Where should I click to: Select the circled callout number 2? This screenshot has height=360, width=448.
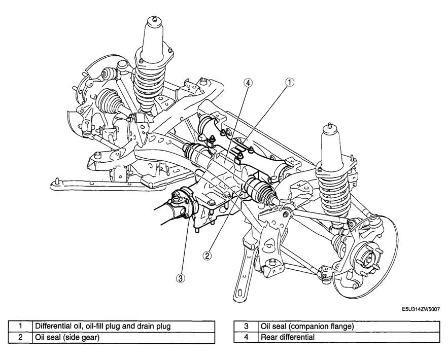[207, 256]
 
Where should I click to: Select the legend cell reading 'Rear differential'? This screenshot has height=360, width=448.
[287, 337]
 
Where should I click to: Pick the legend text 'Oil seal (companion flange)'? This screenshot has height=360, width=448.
[306, 326]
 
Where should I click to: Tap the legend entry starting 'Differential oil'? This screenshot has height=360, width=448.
[102, 326]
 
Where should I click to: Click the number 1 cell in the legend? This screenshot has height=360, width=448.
[20, 326]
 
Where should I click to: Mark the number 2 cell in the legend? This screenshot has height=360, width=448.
[20, 337]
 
